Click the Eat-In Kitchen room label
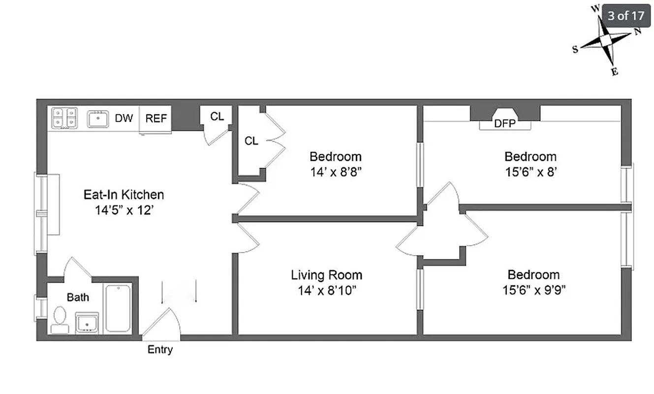coord(123,195)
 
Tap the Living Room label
coord(326,275)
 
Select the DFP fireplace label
coord(505,124)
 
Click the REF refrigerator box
coord(156,119)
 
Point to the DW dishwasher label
coord(124,119)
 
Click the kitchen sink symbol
coord(98,119)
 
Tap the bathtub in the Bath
coord(118,308)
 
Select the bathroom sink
coord(87,323)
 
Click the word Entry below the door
coord(160,350)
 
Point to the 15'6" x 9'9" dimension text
coord(533,290)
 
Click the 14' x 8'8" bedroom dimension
coord(335,172)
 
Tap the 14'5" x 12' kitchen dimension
coord(123,210)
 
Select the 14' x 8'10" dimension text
coord(326,290)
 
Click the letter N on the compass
coord(637,32)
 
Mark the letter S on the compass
coord(575,49)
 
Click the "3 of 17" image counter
coord(625,15)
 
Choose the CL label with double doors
coord(251,141)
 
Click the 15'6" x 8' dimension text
coord(530,172)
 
